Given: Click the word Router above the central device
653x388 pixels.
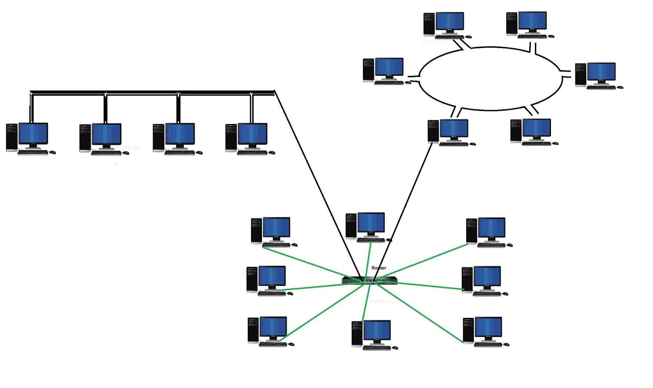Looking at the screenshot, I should pos(378,268).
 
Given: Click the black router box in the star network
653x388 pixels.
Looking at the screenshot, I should pos(369,280).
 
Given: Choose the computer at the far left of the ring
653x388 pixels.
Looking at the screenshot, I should pos(385,71).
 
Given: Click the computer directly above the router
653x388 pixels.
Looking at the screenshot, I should pos(368,226).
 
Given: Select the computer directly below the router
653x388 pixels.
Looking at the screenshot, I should pos(373,335).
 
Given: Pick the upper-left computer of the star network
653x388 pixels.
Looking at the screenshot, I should pos(273,231).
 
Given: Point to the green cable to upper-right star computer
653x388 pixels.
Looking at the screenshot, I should pos(424,261).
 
